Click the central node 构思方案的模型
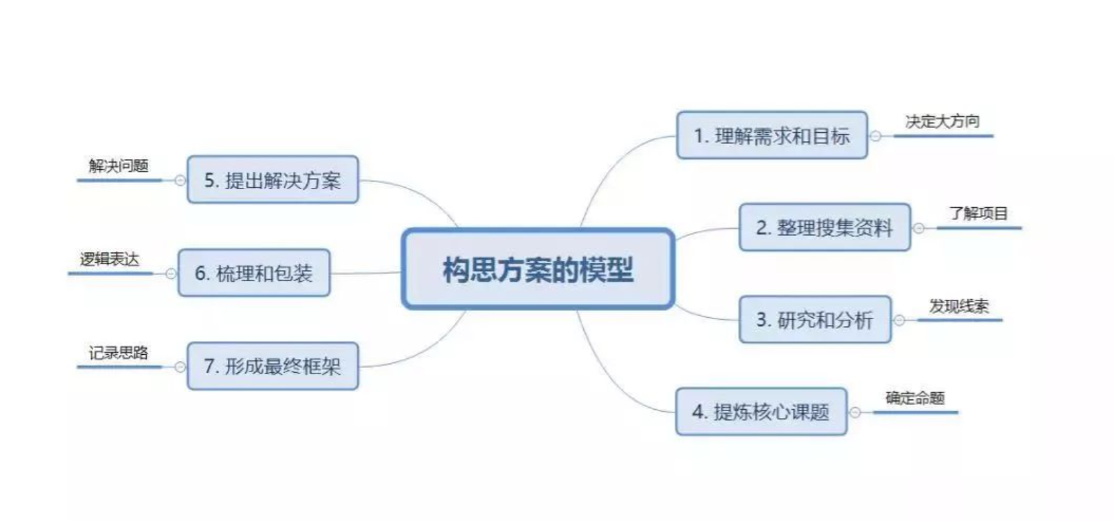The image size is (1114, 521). tap(538, 269)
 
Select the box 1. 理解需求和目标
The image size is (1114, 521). tap(771, 135)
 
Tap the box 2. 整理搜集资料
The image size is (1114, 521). tap(824, 227)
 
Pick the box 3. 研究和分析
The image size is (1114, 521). tap(814, 320)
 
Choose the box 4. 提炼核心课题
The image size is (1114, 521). tap(761, 412)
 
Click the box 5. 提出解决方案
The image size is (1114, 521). tap(272, 180)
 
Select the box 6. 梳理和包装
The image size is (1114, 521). tap(254, 273)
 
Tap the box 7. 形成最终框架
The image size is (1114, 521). tap(272, 366)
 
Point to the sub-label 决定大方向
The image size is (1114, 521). tap(942, 122)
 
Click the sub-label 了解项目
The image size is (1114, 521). tap(978, 214)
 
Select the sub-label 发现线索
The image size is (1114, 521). tap(959, 306)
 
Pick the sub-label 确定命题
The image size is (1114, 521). tap(915, 398)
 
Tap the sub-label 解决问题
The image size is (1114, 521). tap(118, 166)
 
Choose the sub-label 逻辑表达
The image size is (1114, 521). tap(109, 259)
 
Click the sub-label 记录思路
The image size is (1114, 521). tap(118, 353)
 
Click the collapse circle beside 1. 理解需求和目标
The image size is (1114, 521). tap(876, 136)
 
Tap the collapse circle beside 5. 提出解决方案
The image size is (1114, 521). tap(180, 181)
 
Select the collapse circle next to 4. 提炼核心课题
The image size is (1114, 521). tap(855, 412)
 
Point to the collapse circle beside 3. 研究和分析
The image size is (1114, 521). tap(899, 321)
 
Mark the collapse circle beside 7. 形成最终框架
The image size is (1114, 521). tap(180, 367)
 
